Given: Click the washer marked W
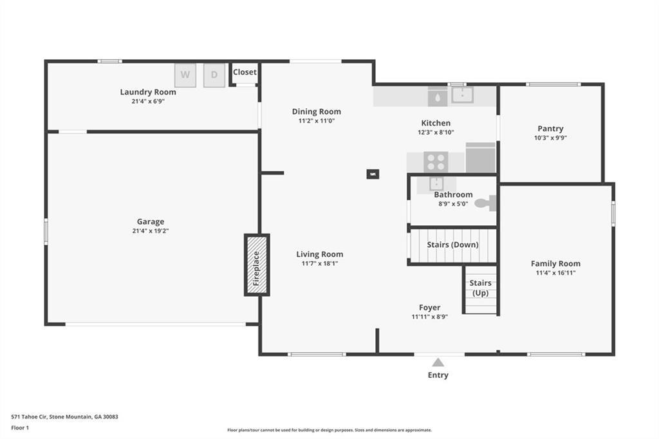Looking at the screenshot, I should [185, 75].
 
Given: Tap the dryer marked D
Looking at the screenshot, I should [215, 75].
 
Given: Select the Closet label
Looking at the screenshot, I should [245, 72].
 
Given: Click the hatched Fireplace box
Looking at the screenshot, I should [256, 265].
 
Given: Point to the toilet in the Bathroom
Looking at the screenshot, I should [484, 203].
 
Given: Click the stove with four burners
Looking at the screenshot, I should [436, 161].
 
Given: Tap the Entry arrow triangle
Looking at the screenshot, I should [438, 362].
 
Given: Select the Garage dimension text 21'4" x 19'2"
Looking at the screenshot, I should [150, 231].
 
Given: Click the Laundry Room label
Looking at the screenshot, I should [148, 92].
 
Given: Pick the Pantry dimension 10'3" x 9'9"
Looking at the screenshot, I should [550, 138].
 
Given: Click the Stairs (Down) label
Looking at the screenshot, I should [452, 245].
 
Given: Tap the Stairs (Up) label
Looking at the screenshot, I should [480, 288].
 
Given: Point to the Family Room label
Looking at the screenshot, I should [555, 263].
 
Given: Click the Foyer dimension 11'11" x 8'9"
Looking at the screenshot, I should [430, 317].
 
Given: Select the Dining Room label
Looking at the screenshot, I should [317, 111].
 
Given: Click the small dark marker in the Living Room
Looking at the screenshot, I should [373, 174].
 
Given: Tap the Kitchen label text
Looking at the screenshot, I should [436, 123].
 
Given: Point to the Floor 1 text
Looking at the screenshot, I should [20, 427].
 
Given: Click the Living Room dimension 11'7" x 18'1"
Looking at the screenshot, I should [320, 263].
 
